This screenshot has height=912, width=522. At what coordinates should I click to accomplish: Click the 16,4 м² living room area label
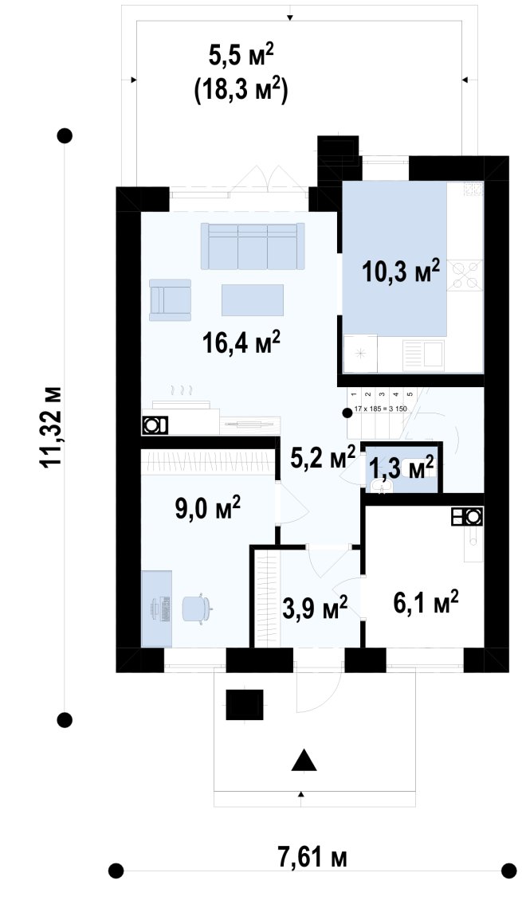pos(241,342)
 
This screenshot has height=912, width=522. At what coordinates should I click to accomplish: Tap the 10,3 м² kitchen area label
pos(400,271)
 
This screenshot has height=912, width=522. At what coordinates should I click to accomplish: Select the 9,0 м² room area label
pos(207,507)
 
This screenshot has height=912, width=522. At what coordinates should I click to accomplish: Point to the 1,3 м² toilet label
pos(402,468)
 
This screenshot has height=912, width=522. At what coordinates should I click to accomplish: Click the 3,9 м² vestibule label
pos(314,607)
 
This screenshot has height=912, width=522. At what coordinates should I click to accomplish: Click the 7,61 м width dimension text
pos(312,858)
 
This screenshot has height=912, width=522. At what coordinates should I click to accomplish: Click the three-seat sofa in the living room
pos(253,246)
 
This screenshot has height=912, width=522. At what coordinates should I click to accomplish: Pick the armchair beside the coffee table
pos(170,299)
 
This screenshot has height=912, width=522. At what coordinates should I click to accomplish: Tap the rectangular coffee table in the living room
pos(252,299)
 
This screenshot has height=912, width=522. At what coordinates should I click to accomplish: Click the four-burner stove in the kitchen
pos(465,275)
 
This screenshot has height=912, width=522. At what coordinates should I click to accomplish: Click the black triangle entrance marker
pos(304,760)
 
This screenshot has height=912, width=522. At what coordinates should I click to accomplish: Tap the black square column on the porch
pos(245,705)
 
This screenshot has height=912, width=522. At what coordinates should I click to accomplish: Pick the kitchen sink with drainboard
pos(424,353)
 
